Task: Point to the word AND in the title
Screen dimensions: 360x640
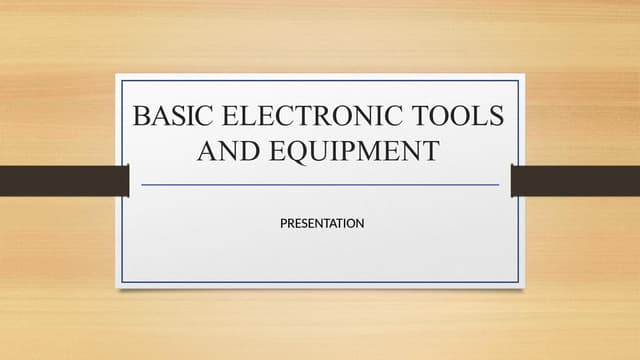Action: click(x=222, y=152)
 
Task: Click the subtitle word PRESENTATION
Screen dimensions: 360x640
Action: click(x=321, y=222)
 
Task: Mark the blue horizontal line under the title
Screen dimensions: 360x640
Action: click(x=320, y=185)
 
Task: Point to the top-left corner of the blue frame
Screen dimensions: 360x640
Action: click(x=122, y=80)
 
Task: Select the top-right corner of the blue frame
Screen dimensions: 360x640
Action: click(x=518, y=80)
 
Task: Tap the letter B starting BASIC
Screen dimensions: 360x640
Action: click(x=142, y=117)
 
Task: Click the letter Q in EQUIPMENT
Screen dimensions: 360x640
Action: click(x=284, y=152)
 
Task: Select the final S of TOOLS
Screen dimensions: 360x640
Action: click(x=496, y=117)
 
